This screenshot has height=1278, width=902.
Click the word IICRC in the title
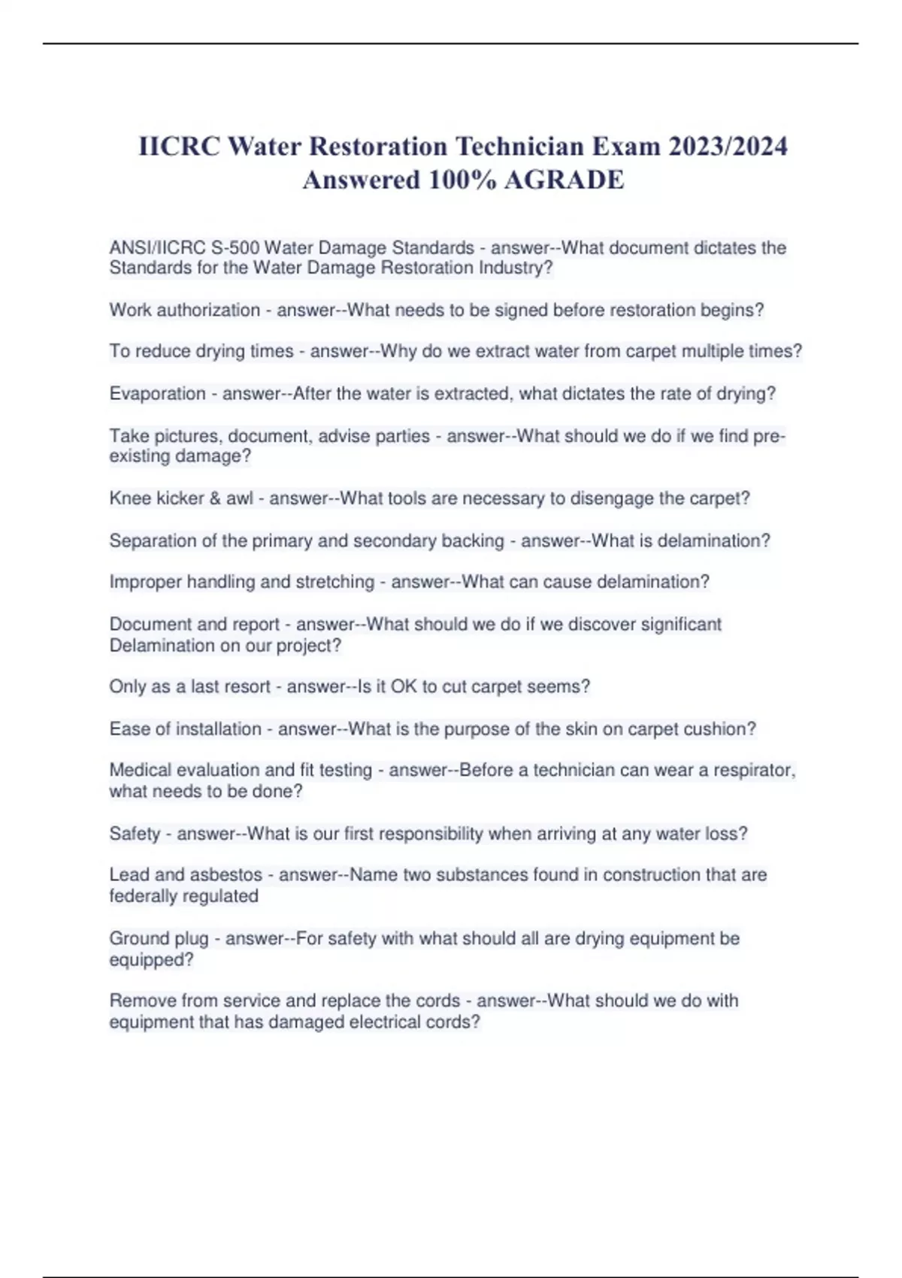tap(179, 146)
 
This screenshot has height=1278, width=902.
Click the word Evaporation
tap(157, 393)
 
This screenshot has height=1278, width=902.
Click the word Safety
tap(135, 833)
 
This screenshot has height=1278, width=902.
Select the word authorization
tap(207, 310)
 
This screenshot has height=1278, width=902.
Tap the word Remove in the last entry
tap(141, 1001)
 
